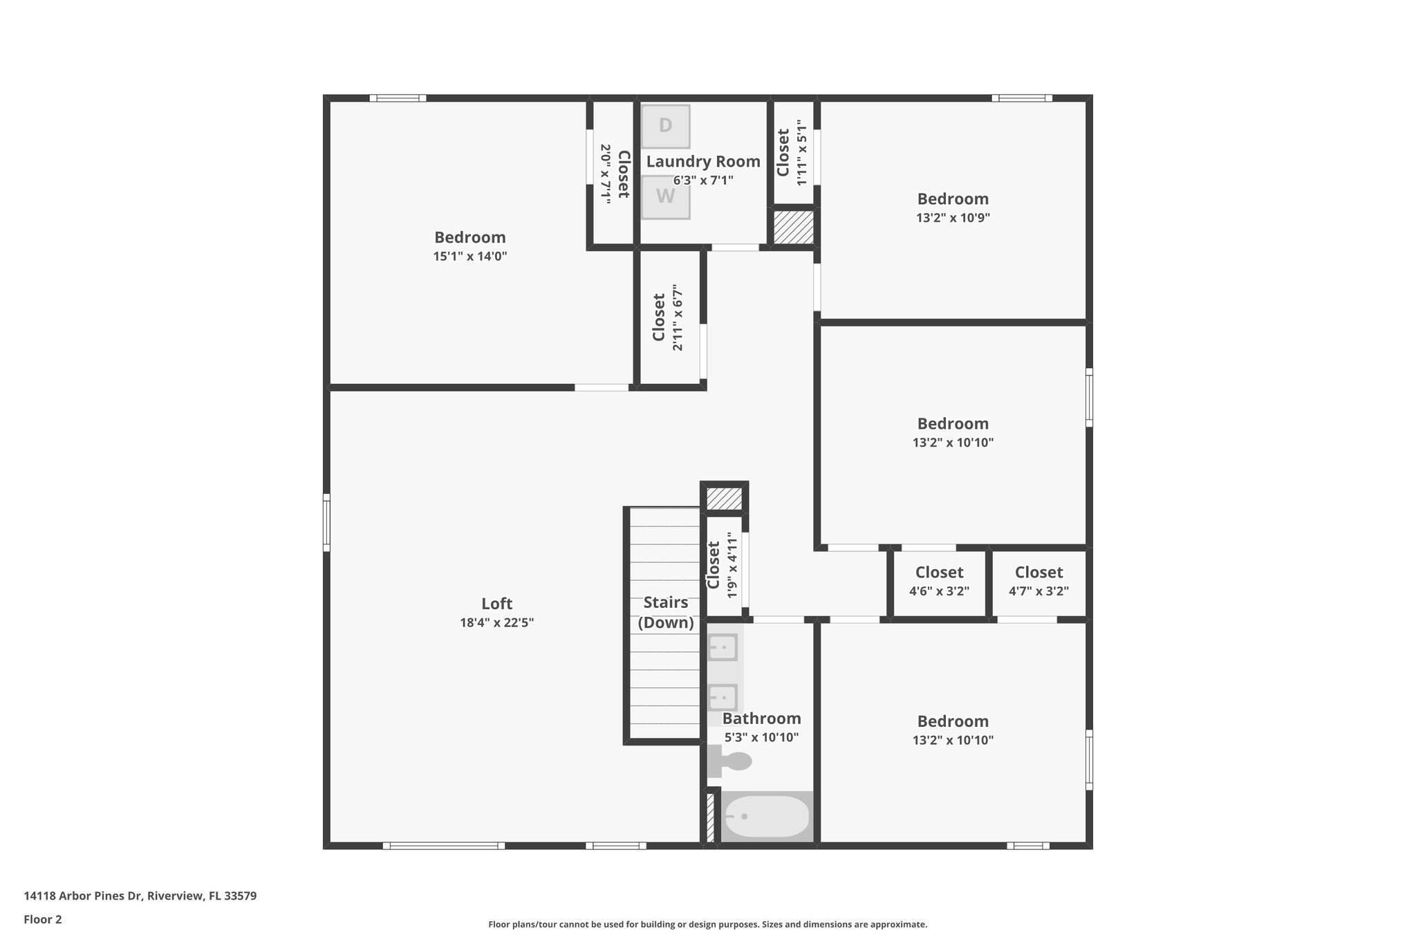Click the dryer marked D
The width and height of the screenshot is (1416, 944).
coord(665,126)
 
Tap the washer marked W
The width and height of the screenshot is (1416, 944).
coord(665,196)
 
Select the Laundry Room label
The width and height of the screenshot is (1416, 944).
coord(702,162)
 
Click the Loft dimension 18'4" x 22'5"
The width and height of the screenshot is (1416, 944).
coord(496,622)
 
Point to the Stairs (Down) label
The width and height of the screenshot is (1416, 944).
coord(665,612)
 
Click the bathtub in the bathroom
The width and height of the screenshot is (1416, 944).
coord(766,817)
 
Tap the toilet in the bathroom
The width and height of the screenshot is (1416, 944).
coord(732,761)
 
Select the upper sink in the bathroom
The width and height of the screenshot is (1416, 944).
coord(722,648)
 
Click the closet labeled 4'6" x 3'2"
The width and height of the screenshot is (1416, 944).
coord(939,581)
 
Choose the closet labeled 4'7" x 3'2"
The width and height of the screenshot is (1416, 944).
coord(1038,581)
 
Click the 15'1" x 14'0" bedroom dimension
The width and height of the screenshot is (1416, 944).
coord(470,257)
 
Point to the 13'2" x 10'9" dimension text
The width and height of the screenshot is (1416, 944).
coord(953,218)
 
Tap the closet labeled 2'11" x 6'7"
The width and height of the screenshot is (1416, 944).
coord(667,317)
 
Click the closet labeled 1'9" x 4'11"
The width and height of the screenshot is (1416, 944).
coord(723,565)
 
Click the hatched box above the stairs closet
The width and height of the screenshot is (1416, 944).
coord(724,499)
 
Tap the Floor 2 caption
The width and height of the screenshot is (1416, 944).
coord(43,919)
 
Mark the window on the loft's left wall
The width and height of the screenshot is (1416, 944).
coord(326,522)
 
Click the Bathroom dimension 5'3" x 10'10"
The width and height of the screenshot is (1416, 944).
coord(761,737)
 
